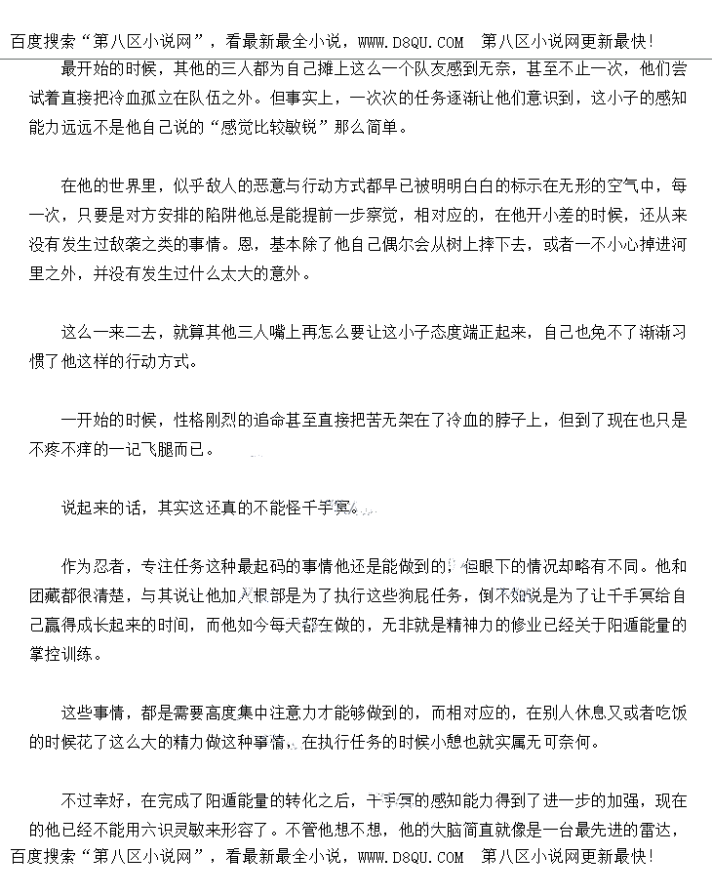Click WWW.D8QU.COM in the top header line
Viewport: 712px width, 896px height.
coord(411,42)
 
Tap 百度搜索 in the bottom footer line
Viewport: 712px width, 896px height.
coord(45,858)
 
